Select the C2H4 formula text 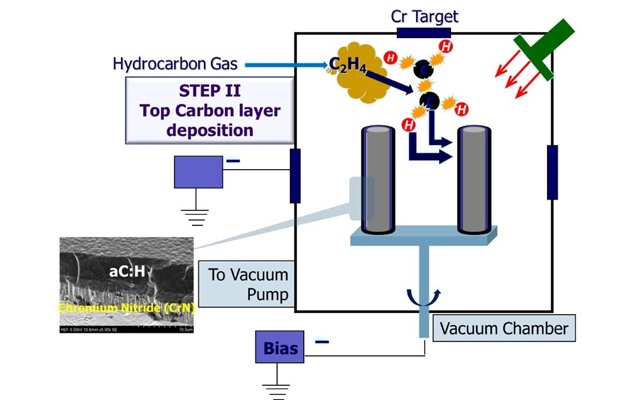point(346,66)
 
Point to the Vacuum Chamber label point(504,328)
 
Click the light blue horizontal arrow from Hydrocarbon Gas point(288,65)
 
